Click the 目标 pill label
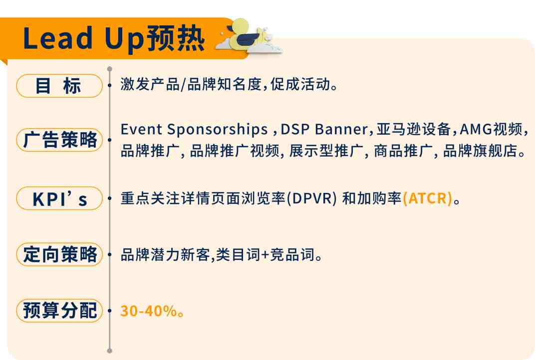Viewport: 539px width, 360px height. pos(59,86)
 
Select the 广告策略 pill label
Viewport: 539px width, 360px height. pos(59,140)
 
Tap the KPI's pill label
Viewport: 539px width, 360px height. pos(59,198)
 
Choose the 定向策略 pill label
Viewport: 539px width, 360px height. pos(59,254)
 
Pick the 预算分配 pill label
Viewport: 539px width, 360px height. pos(59,311)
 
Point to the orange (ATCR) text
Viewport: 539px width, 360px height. pos(427,198)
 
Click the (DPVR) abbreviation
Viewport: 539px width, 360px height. pos(311,198)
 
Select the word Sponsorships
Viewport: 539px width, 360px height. pos(217,130)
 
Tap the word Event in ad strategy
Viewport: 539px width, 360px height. pos(141,130)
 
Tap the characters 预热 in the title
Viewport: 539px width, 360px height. pos(176,38)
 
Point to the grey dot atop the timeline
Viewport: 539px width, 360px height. pos(110,69)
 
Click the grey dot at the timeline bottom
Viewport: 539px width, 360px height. pos(110,351)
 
